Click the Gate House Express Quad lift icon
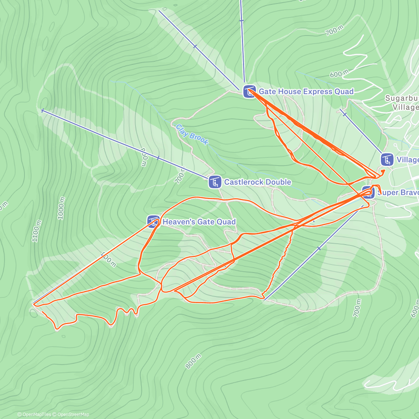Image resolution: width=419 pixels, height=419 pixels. coord(249,92)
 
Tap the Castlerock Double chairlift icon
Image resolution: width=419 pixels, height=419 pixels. coord(215,182)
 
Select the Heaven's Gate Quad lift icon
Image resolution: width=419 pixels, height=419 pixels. coord(153,222)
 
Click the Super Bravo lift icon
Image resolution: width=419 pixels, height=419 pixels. coord(368,192)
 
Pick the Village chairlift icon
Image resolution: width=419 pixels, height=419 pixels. coord(387,160)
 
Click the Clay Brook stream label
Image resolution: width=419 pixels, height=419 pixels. coord(192,134)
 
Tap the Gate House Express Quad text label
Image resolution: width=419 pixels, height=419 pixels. coord(306,91)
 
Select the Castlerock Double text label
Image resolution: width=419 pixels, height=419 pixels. coord(257,182)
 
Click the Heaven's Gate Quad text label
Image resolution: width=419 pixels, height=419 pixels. coord(199,222)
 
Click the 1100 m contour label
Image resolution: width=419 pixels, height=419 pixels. coord(36,231)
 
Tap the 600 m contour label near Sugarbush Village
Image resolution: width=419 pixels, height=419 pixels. coord(339,74)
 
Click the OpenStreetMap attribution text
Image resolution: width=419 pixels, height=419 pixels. coord(72,414)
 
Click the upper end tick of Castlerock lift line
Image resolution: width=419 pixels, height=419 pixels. coord(42,111)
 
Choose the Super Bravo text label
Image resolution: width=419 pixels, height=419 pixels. coord(398,192)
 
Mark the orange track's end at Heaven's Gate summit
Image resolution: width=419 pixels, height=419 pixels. coord(34,304)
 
